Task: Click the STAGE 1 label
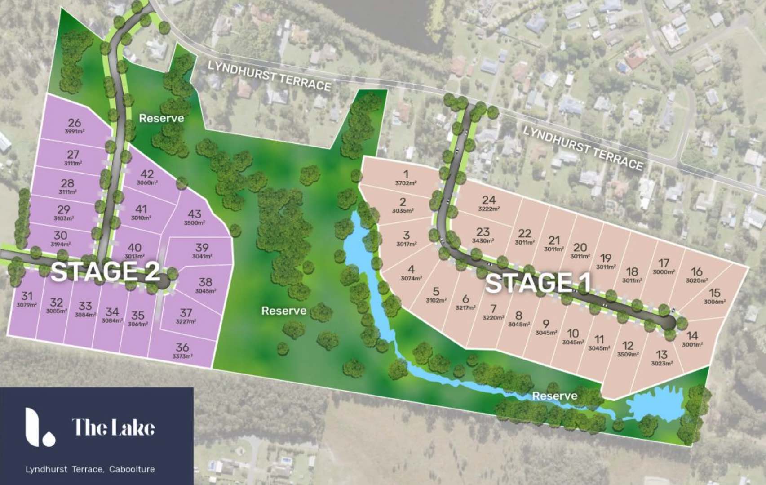(x=538, y=284)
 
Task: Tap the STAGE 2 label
(x=106, y=271)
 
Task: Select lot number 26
(x=75, y=123)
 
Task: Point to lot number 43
(x=195, y=214)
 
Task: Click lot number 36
(x=182, y=347)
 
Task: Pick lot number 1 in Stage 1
(x=406, y=174)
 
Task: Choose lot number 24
(x=489, y=200)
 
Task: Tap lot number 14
(x=692, y=336)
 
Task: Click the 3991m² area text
(x=75, y=132)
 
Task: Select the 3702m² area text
(x=406, y=183)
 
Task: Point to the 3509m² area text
(x=628, y=354)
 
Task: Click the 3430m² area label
(x=483, y=241)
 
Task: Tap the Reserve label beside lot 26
(x=161, y=118)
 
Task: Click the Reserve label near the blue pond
(x=555, y=396)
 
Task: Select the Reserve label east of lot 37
(x=284, y=311)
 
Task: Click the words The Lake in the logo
(x=113, y=427)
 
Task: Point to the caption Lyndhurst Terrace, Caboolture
(x=90, y=469)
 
